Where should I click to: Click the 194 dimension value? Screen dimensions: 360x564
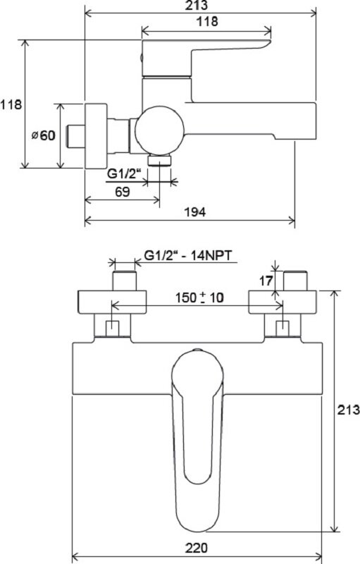coord(195,211)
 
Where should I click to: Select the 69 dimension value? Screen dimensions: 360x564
coord(122,192)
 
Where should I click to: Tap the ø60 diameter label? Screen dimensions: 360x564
coord(44,135)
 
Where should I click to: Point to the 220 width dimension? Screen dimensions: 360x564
coord(196,548)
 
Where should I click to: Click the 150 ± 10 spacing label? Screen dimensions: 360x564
coord(199,298)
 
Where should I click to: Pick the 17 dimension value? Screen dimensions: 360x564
coord(266,281)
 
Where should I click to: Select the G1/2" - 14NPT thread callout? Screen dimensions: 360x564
coord(188,256)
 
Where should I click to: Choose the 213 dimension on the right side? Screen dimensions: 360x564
coord(349,410)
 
